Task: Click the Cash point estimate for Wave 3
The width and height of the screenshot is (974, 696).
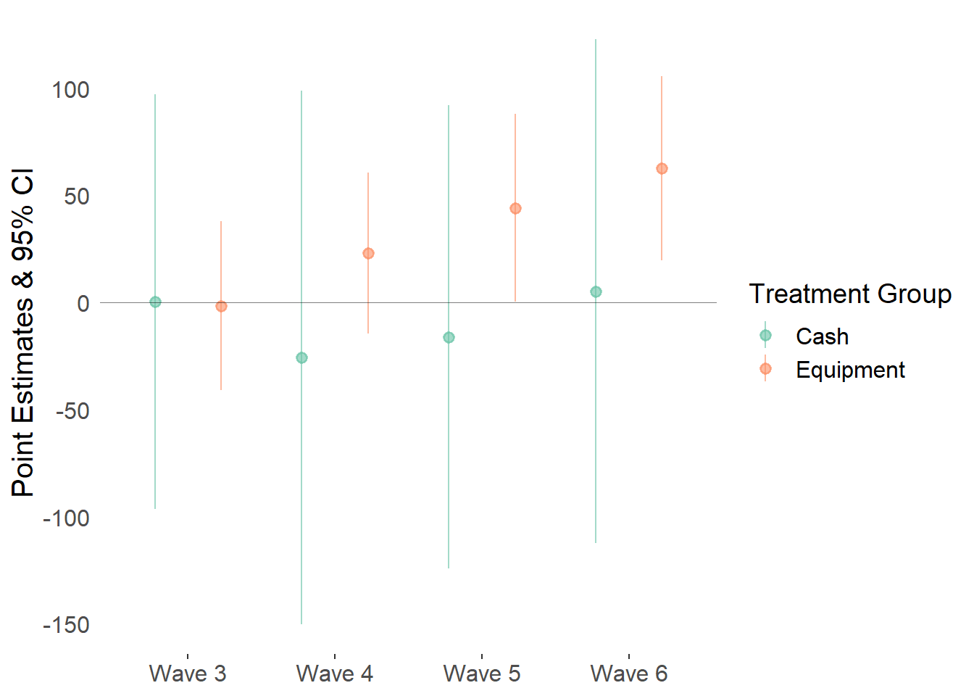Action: [x=155, y=302]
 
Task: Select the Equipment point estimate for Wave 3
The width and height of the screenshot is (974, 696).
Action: [x=221, y=307]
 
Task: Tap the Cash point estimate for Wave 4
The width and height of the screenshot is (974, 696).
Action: [x=301, y=358]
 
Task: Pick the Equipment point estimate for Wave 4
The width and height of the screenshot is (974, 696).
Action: [x=368, y=254]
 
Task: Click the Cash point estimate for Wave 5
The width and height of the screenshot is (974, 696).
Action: [x=449, y=338]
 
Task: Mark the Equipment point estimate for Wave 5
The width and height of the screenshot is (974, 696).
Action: [x=516, y=209]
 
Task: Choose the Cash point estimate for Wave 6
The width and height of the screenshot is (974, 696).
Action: [x=596, y=292]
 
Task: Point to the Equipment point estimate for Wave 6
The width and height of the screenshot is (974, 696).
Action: [x=662, y=169]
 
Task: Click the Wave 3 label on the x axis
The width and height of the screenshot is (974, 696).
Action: [x=188, y=674]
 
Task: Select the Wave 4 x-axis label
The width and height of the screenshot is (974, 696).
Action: [x=335, y=674]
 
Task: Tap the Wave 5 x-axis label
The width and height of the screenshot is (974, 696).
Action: [x=482, y=674]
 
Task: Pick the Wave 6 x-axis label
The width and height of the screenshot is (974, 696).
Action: [x=629, y=674]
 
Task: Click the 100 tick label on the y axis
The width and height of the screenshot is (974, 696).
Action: [x=70, y=90]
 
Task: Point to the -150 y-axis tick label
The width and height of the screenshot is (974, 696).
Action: [x=66, y=625]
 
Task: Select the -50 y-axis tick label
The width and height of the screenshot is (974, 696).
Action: [x=72, y=411]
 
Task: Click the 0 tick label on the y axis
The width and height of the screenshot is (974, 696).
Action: [x=83, y=304]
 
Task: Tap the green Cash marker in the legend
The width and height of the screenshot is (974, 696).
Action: [x=766, y=336]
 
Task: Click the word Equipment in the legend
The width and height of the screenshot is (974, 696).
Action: [x=851, y=370]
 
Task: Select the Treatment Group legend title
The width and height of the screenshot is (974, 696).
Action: [x=851, y=294]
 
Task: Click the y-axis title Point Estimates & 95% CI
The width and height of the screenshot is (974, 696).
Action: [x=22, y=333]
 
